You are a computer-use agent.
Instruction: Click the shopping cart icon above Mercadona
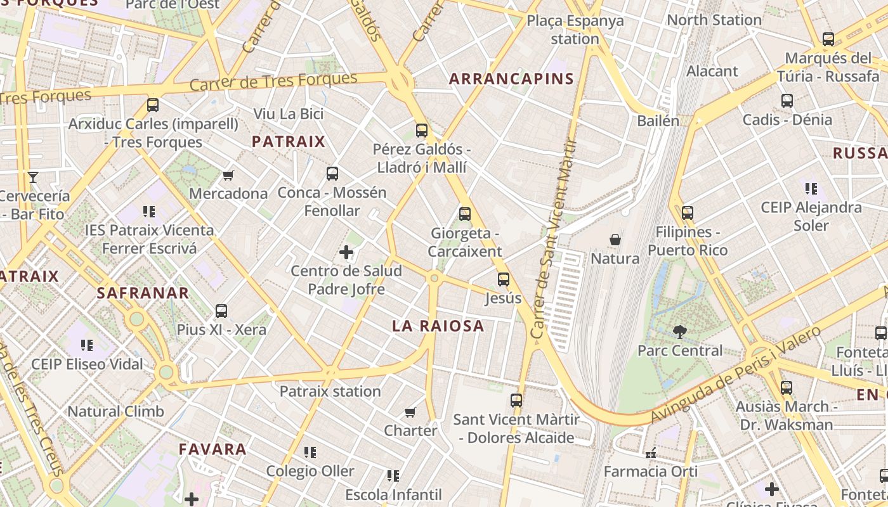(228, 175)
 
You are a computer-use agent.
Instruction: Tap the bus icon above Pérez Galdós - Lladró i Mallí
(422, 131)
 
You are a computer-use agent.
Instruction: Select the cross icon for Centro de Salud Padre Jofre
(346, 253)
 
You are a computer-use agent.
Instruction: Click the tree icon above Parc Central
(679, 331)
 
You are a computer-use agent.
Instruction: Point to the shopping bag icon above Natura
(615, 240)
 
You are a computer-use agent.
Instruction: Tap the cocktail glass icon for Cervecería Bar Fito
(33, 177)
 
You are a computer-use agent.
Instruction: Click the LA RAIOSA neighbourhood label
(438, 326)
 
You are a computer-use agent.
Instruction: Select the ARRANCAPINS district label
(511, 79)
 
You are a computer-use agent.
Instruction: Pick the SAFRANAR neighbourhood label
(143, 293)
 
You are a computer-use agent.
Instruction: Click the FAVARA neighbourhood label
(212, 449)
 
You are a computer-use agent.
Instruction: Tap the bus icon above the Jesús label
(504, 279)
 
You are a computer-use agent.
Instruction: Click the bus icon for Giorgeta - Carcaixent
(465, 214)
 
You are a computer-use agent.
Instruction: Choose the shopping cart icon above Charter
(410, 413)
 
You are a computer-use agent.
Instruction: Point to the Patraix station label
(330, 391)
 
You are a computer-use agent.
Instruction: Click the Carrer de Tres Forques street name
(273, 82)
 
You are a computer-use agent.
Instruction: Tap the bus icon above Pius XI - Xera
(221, 311)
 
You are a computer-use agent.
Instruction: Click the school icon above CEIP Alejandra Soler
(811, 189)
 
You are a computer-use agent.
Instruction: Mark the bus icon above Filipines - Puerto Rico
(688, 213)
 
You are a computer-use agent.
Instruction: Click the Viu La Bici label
(289, 114)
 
